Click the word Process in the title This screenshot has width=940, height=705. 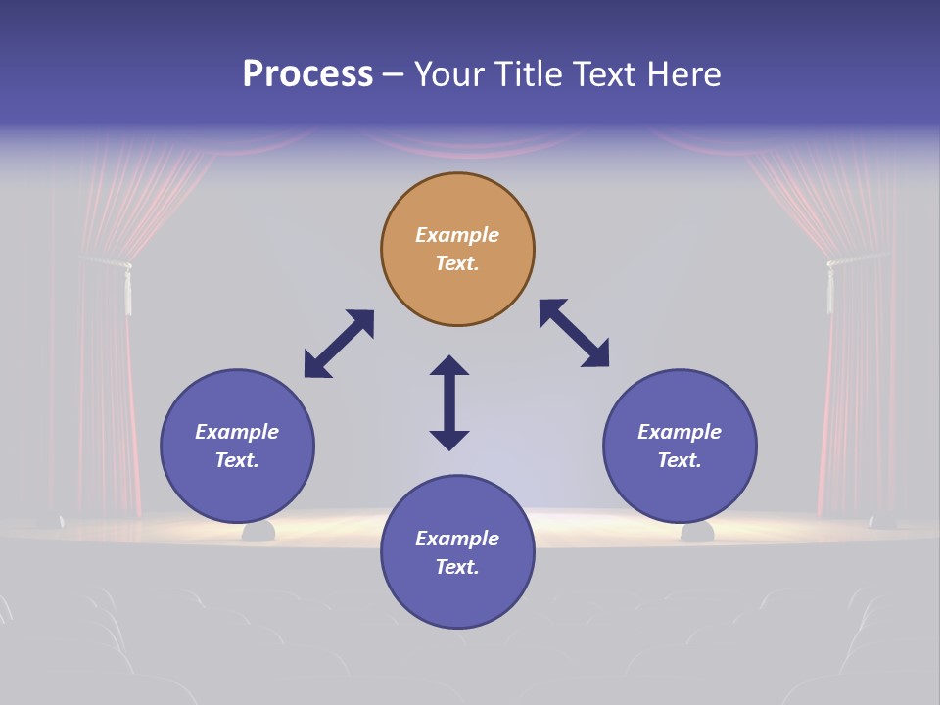307,74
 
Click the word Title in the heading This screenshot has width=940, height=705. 527,74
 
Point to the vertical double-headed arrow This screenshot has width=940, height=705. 449,402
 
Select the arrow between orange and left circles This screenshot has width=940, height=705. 339,344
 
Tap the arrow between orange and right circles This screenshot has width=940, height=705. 574,333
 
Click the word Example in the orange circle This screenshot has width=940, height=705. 457,235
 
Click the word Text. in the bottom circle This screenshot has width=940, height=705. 457,567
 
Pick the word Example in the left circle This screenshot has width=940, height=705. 237,432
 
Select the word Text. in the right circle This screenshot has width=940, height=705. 680,460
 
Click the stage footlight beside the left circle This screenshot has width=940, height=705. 258,532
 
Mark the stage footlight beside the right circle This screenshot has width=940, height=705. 697,532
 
